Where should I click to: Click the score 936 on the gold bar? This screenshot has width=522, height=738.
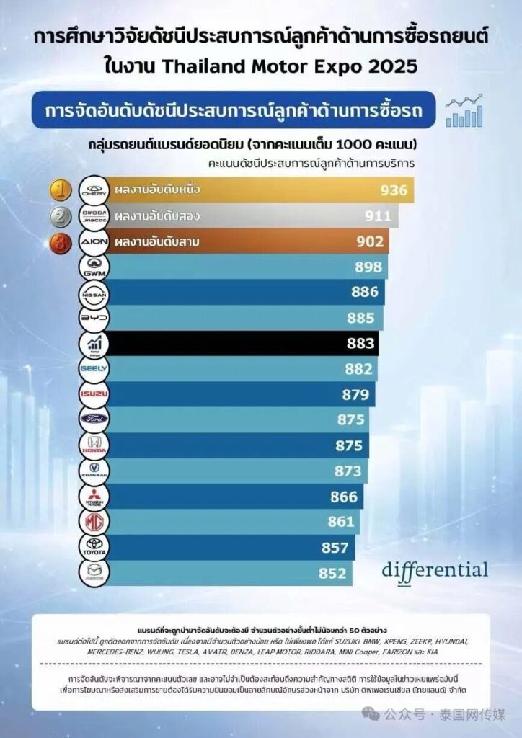coord(394,190)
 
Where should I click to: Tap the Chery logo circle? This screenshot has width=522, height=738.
coord(93,190)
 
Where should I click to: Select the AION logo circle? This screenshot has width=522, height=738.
coord(93,241)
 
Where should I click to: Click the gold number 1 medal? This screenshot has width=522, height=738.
coord(60,190)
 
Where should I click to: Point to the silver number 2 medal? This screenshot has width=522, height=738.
coord(60,215)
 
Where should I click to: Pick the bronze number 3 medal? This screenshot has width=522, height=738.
coord(60,241)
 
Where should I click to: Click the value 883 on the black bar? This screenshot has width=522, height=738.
coord(360,343)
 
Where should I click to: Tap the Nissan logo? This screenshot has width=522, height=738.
coord(93,292)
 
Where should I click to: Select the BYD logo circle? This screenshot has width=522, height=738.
coord(93,317)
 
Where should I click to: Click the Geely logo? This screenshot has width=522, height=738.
coord(93,368)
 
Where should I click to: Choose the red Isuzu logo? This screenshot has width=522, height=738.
coord(93,394)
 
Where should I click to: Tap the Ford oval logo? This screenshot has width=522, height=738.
coord(93,419)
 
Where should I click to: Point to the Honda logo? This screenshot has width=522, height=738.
coord(93,445)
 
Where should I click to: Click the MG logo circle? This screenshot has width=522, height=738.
coord(93,522)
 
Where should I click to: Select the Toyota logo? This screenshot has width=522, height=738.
coord(93,547)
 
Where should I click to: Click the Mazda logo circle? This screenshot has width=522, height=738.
coord(93,573)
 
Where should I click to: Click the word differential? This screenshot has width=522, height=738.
coord(435,569)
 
